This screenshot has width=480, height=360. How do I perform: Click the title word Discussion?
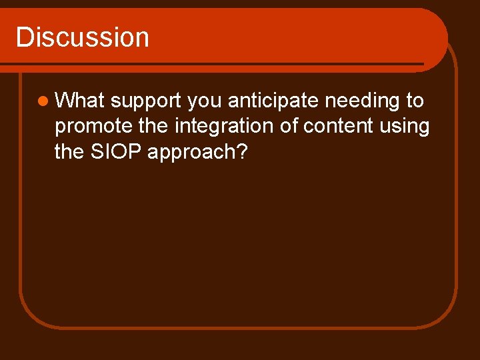click(82, 37)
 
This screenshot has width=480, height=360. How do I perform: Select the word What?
click(80, 101)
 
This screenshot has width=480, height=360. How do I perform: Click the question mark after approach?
click(242, 151)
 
